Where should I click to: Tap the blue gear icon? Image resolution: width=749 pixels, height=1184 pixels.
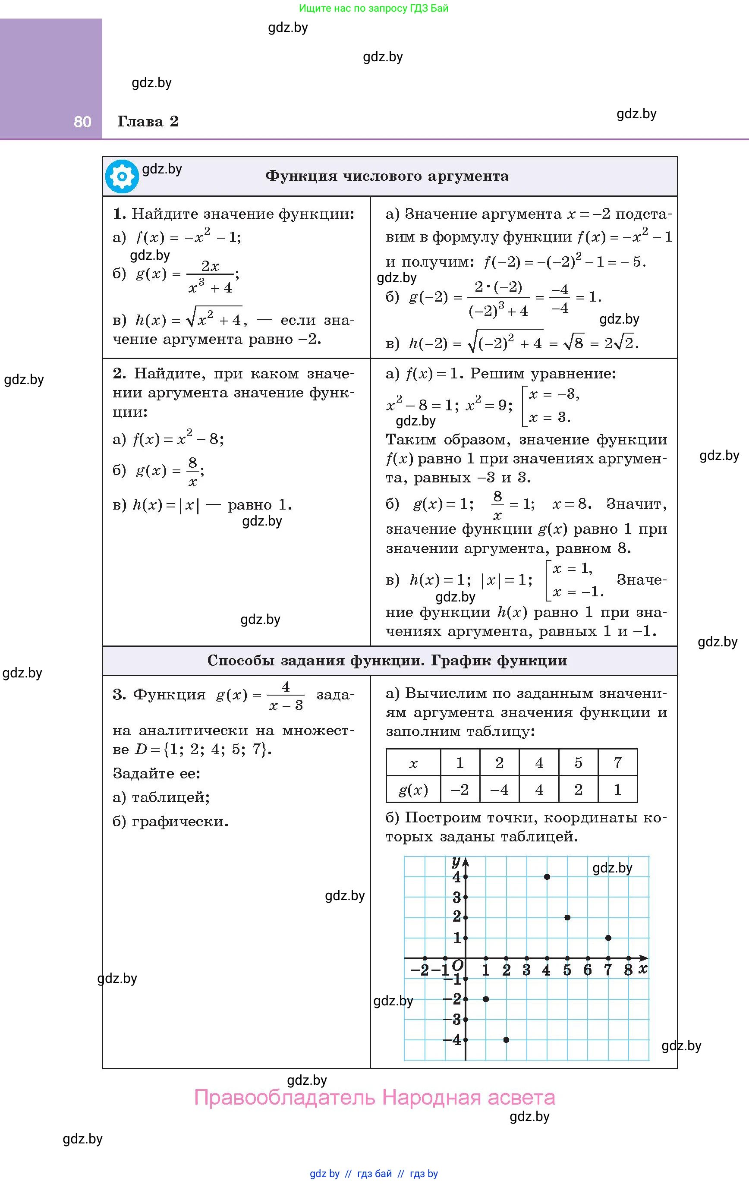tap(122, 176)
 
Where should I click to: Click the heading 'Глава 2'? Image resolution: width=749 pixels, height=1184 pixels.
tap(148, 121)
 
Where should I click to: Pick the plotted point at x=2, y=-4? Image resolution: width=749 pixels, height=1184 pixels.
tap(506, 1039)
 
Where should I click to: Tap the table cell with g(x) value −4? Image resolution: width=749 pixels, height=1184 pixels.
tap(499, 790)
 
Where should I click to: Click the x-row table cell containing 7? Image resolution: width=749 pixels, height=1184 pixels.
tap(618, 762)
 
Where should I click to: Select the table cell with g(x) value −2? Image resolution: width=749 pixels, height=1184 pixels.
tap(460, 790)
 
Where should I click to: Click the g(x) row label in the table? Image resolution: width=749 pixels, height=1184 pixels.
tap(413, 790)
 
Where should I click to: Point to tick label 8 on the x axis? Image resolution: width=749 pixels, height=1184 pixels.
tap(628, 970)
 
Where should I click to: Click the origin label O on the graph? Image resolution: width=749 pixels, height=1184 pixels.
tap(457, 965)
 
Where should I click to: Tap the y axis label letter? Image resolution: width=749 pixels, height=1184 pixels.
tap(456, 861)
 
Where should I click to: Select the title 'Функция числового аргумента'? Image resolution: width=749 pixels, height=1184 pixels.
tap(387, 176)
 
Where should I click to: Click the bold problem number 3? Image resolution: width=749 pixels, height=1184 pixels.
tap(119, 695)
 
